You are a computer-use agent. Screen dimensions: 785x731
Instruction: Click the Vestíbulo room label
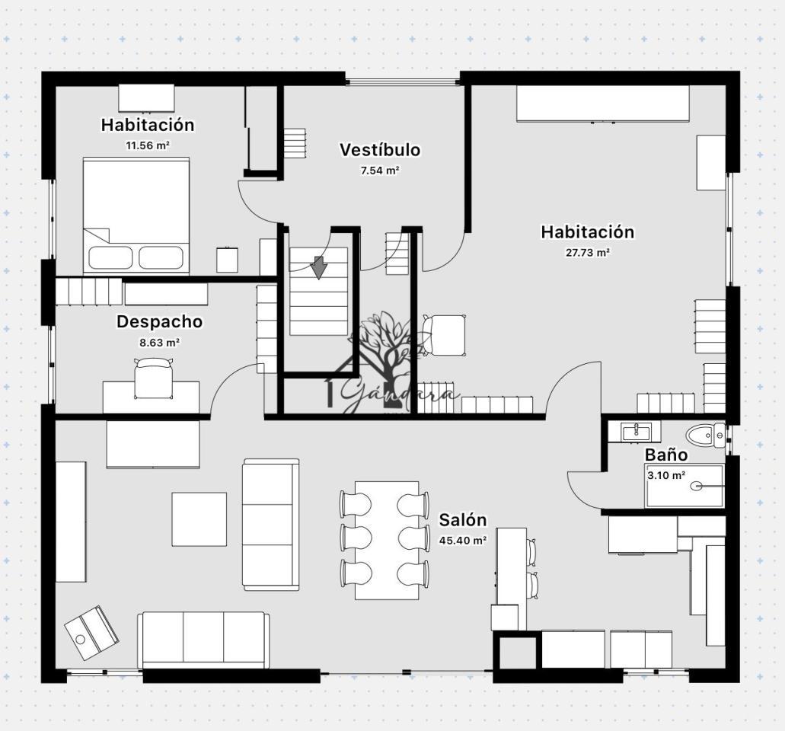(380, 150)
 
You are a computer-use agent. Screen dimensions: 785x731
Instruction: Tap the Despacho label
(160, 321)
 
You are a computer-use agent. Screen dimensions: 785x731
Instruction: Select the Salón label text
(463, 520)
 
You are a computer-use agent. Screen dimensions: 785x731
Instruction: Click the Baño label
(666, 455)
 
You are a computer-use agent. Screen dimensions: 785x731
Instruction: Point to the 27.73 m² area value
(587, 253)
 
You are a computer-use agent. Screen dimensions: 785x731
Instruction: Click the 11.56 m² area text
(148, 145)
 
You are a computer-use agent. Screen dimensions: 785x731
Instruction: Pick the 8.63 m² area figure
(160, 343)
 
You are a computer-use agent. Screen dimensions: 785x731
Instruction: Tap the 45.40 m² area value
(463, 541)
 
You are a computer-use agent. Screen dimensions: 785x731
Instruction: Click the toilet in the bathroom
(706, 435)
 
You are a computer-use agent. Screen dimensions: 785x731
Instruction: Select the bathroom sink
(636, 432)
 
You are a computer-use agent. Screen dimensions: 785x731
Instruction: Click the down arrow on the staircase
(318, 268)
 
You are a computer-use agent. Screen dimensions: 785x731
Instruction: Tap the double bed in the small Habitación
(136, 215)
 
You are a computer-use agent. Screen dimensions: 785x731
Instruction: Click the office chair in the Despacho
(153, 378)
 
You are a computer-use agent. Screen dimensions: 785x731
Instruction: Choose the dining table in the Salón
(387, 540)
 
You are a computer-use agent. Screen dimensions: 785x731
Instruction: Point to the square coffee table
(199, 519)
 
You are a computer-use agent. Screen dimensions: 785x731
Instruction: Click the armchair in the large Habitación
(444, 335)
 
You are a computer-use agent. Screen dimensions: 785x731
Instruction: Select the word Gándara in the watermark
(398, 395)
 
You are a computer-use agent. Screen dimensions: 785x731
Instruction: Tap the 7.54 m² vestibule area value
(380, 171)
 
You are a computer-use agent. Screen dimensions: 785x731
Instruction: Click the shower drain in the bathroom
(696, 486)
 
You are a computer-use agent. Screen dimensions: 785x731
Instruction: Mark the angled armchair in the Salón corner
(91, 633)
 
